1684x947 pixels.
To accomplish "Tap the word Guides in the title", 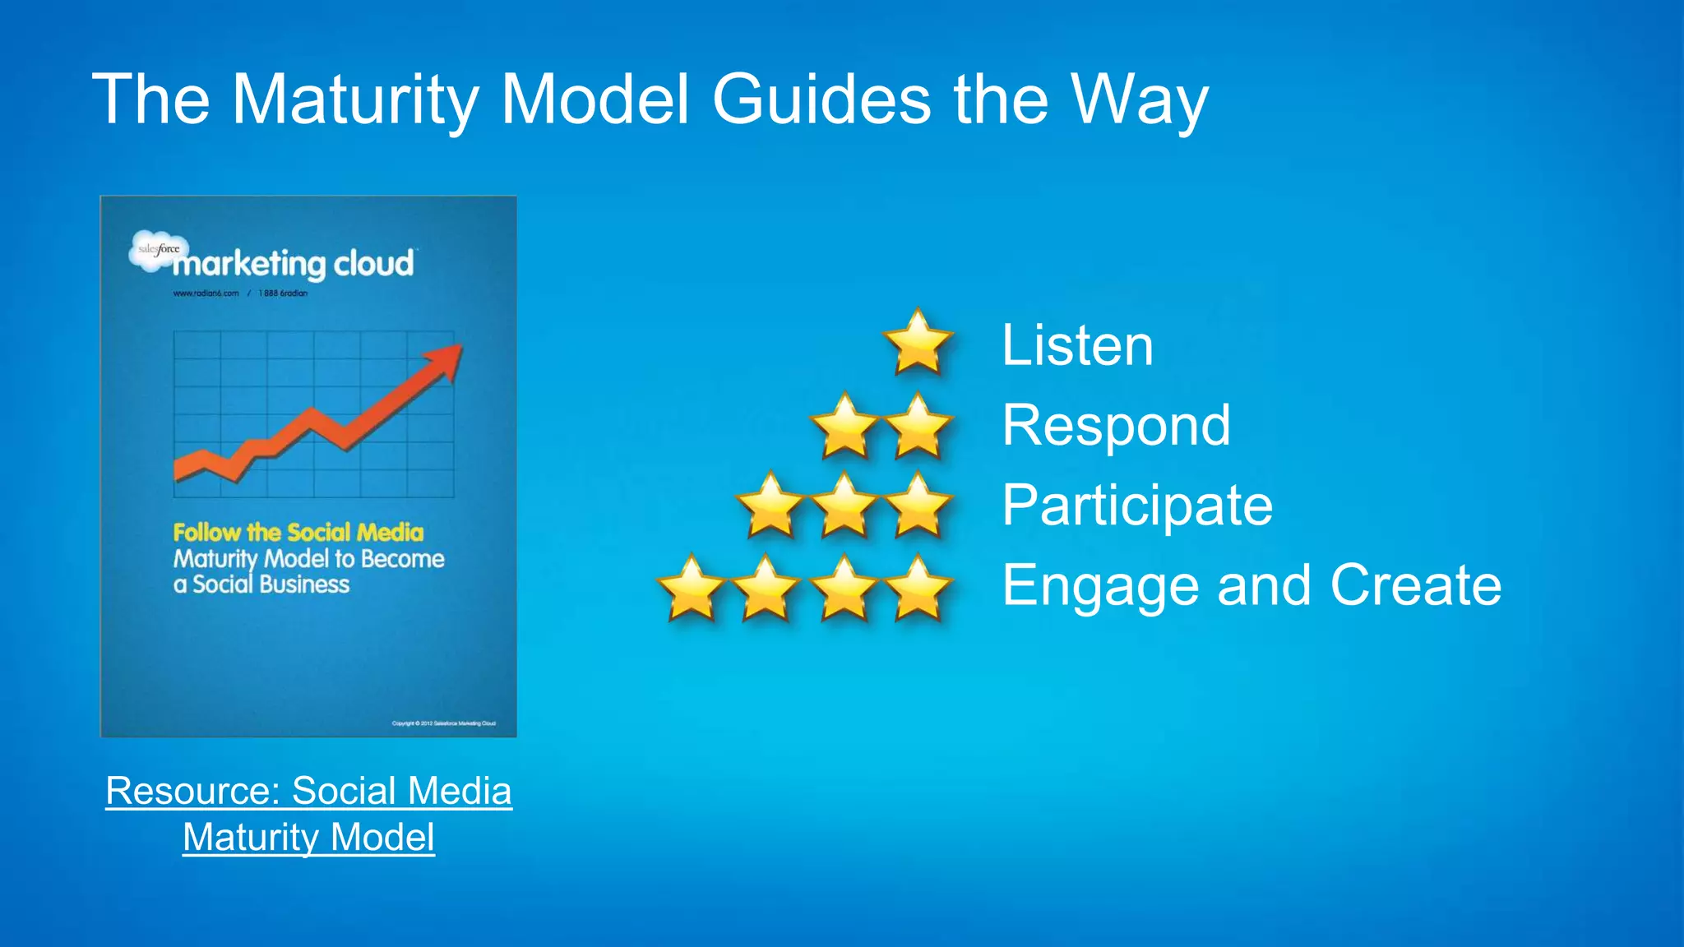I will tap(821, 99).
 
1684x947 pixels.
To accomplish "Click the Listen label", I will tap(1077, 345).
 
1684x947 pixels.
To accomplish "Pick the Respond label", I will tap(1116, 426).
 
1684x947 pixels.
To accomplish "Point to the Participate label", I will tap(1137, 505).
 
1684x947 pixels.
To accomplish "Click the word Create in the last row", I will tap(1416, 585).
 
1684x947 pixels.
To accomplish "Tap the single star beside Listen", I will tap(918, 343).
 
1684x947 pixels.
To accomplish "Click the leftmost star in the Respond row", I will tap(844, 427).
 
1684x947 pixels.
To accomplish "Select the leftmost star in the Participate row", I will tap(770, 506).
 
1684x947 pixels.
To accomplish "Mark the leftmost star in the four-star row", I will tap(692, 588).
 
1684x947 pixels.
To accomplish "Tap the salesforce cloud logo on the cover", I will tap(158, 250).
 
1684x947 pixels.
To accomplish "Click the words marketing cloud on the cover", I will tap(293, 264).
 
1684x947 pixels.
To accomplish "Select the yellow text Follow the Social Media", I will tap(298, 532).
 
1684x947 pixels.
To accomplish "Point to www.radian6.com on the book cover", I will tap(206, 293).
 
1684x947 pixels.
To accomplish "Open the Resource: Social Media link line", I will tap(308, 791).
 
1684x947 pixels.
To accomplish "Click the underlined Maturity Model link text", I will tap(308, 837).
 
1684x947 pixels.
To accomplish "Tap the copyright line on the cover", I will tap(443, 723).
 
